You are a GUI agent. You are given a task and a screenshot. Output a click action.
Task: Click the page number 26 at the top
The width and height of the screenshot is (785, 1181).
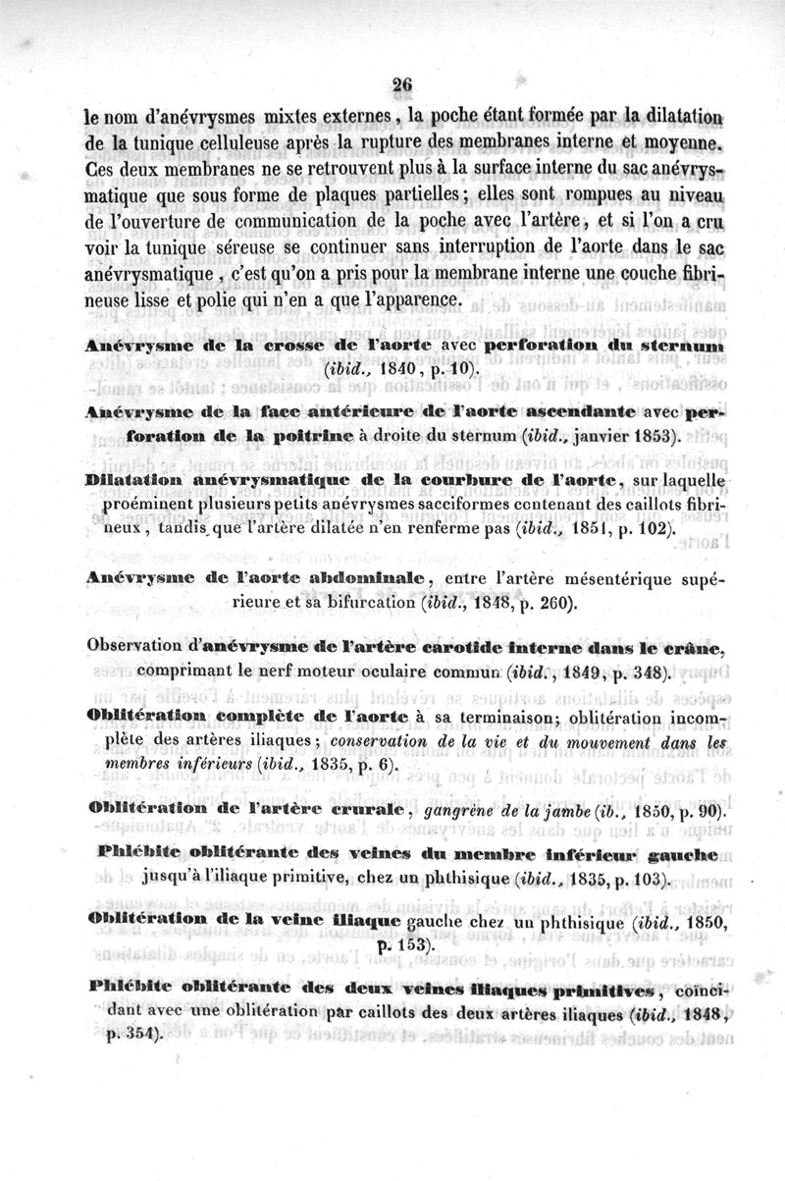(400, 84)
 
